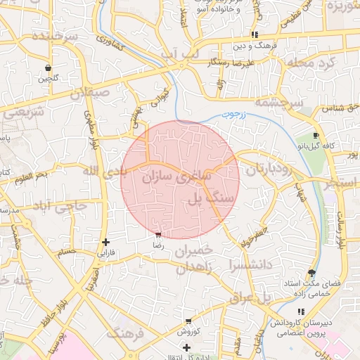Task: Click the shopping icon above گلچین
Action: pyautogui.click(x=47, y=68)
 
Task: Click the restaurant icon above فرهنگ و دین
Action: pyautogui.click(x=254, y=34)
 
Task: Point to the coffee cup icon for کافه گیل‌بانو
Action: pyautogui.click(x=316, y=135)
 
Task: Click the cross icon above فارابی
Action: pyautogui.click(x=105, y=242)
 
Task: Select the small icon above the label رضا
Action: pyautogui.click(x=158, y=236)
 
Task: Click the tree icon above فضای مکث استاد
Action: pyautogui.click(x=311, y=273)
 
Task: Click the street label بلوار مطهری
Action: pyautogui.click(x=90, y=129)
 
